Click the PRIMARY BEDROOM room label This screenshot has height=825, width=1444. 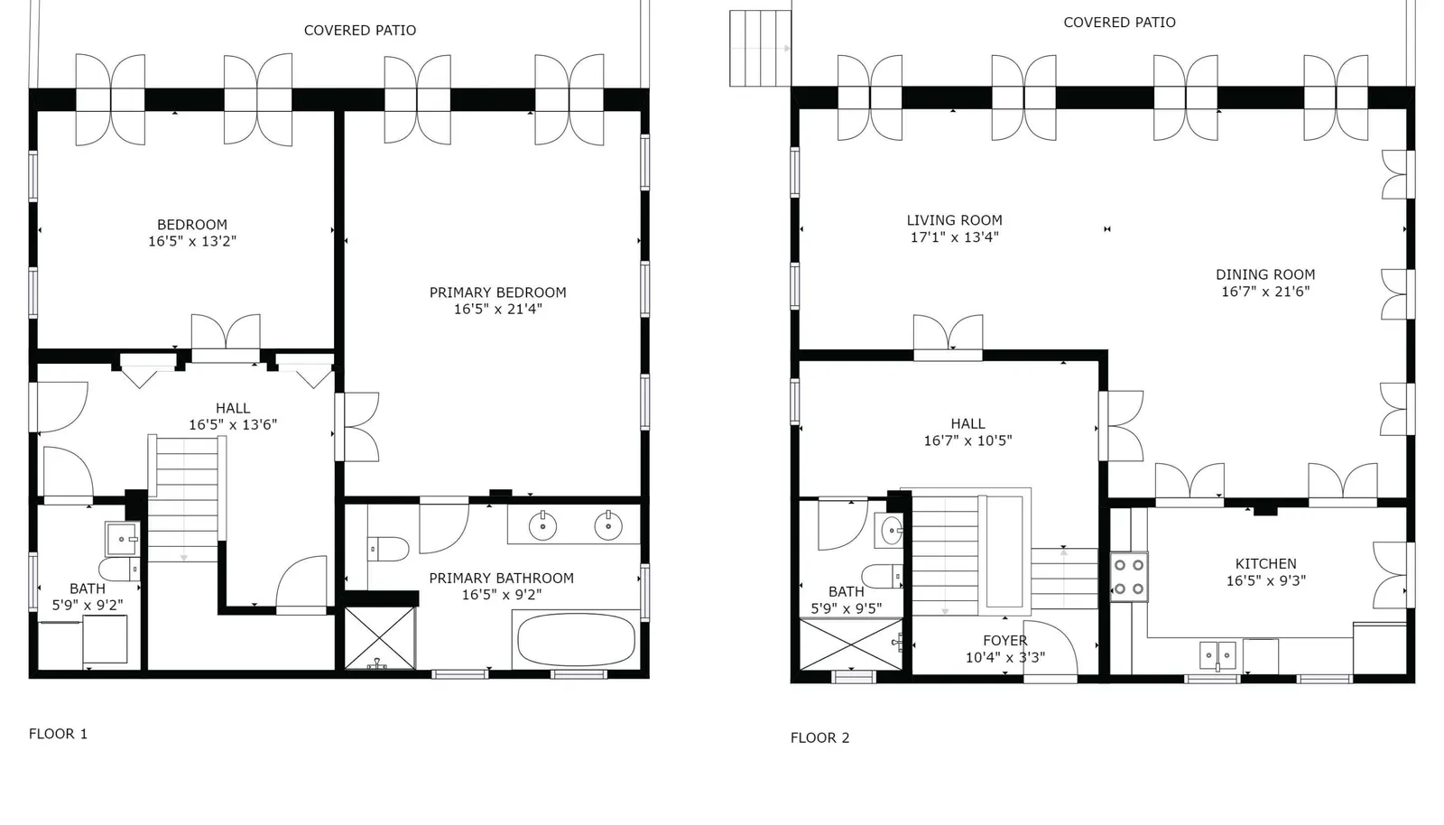click(x=497, y=292)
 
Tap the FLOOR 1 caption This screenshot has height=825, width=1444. click(x=58, y=734)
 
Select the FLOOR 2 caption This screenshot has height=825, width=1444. click(x=820, y=738)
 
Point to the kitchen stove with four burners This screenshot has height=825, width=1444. click(x=1129, y=577)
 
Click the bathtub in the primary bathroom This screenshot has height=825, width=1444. click(x=577, y=639)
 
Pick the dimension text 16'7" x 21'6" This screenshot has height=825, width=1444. click(x=1265, y=292)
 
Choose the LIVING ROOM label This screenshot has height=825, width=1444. click(x=954, y=220)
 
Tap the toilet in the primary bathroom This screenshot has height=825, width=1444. click(x=388, y=549)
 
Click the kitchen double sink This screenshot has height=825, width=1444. click(x=1217, y=655)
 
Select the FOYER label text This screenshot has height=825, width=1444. click(x=1005, y=641)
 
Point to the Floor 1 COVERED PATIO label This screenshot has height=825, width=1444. click(x=360, y=31)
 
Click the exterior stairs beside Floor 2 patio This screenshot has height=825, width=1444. click(x=760, y=49)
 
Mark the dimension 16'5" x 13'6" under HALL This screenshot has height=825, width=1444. click(x=233, y=425)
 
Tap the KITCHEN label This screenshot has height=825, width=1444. click(x=1266, y=564)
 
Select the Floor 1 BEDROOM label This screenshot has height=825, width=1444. click(x=192, y=225)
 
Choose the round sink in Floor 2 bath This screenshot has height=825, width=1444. click(x=892, y=531)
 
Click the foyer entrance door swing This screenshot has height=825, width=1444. click(x=1051, y=648)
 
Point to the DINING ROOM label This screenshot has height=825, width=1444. click(x=1265, y=274)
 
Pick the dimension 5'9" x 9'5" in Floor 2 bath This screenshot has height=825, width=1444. click(x=847, y=608)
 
